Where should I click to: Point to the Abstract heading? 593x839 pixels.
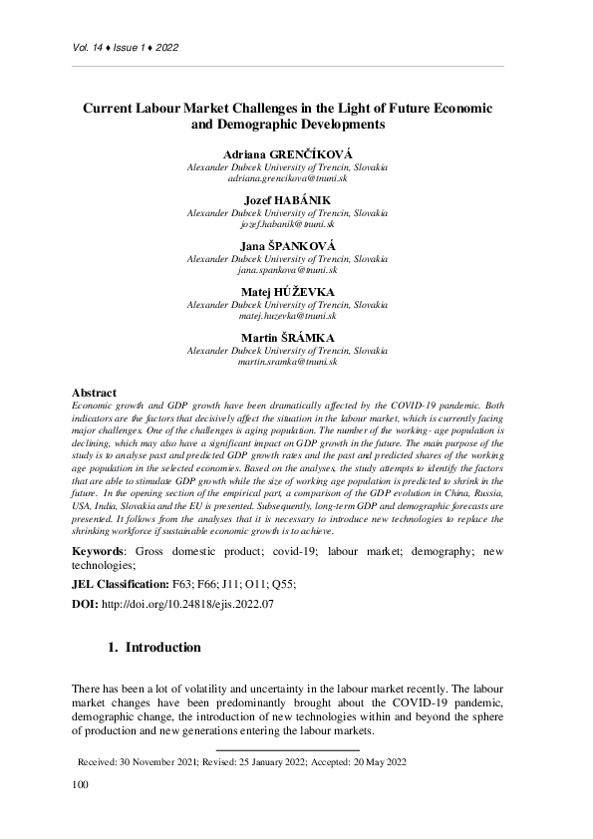point(95,394)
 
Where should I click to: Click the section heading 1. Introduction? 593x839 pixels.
point(153,648)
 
